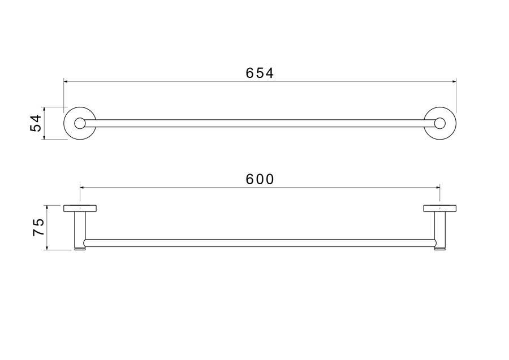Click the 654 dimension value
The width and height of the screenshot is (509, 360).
tap(260, 73)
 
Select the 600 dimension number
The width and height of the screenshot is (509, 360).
tap(260, 179)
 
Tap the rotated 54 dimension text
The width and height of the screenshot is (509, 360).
tap(36, 123)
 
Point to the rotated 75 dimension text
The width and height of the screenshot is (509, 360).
tap(38, 227)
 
